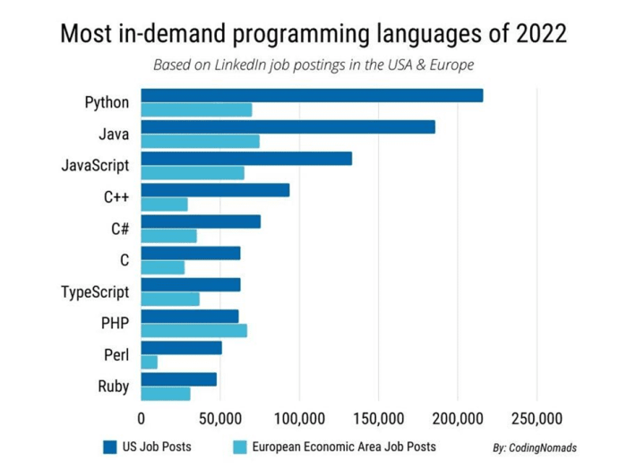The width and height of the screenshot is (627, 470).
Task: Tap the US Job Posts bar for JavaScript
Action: pos(246,159)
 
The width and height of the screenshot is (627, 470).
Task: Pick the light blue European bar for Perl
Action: pos(150,361)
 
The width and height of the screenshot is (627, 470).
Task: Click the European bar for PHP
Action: pos(193,330)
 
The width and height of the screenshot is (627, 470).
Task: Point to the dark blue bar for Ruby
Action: pos(178,379)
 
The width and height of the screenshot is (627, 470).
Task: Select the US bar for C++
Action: pos(215,190)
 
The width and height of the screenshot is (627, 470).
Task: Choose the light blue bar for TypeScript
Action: pos(170,299)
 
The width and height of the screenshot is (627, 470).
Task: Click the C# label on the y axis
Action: pos(119,229)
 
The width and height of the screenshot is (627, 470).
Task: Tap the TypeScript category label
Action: pos(95,292)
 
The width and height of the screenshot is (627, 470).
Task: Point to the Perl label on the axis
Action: pos(116,355)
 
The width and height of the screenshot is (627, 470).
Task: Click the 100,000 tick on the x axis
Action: pos(299,418)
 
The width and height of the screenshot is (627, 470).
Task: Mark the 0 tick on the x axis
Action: pos(142,418)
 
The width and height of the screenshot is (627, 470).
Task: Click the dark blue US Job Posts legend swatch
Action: pos(110,446)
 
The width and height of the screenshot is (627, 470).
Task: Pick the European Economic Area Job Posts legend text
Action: pos(344,446)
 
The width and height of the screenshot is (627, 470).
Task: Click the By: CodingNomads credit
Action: pos(534,447)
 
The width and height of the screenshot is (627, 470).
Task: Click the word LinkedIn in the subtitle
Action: pos(253,65)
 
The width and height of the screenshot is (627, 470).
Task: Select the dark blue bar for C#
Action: pos(201,222)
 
